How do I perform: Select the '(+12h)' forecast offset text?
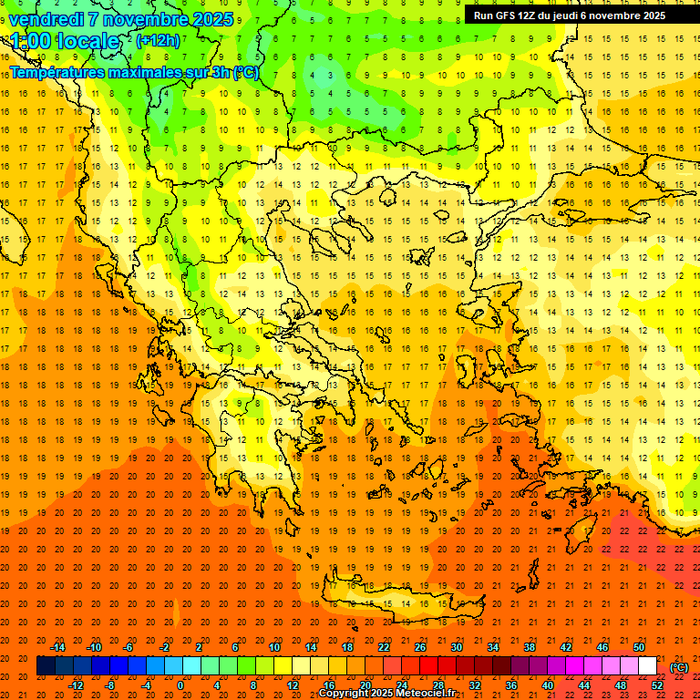coord(158,41)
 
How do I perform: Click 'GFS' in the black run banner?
coord(508,15)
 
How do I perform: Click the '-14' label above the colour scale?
coord(57,647)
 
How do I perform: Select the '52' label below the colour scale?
coord(656,685)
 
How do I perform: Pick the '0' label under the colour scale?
coord(180,685)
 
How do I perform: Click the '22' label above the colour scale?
coord(384,647)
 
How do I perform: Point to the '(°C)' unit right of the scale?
coord(680,666)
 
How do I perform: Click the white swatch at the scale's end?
coord(647,666)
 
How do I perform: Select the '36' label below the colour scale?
coord(510,685)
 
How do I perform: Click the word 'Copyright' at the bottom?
coord(345,694)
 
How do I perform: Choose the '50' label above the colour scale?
coord(639,647)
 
